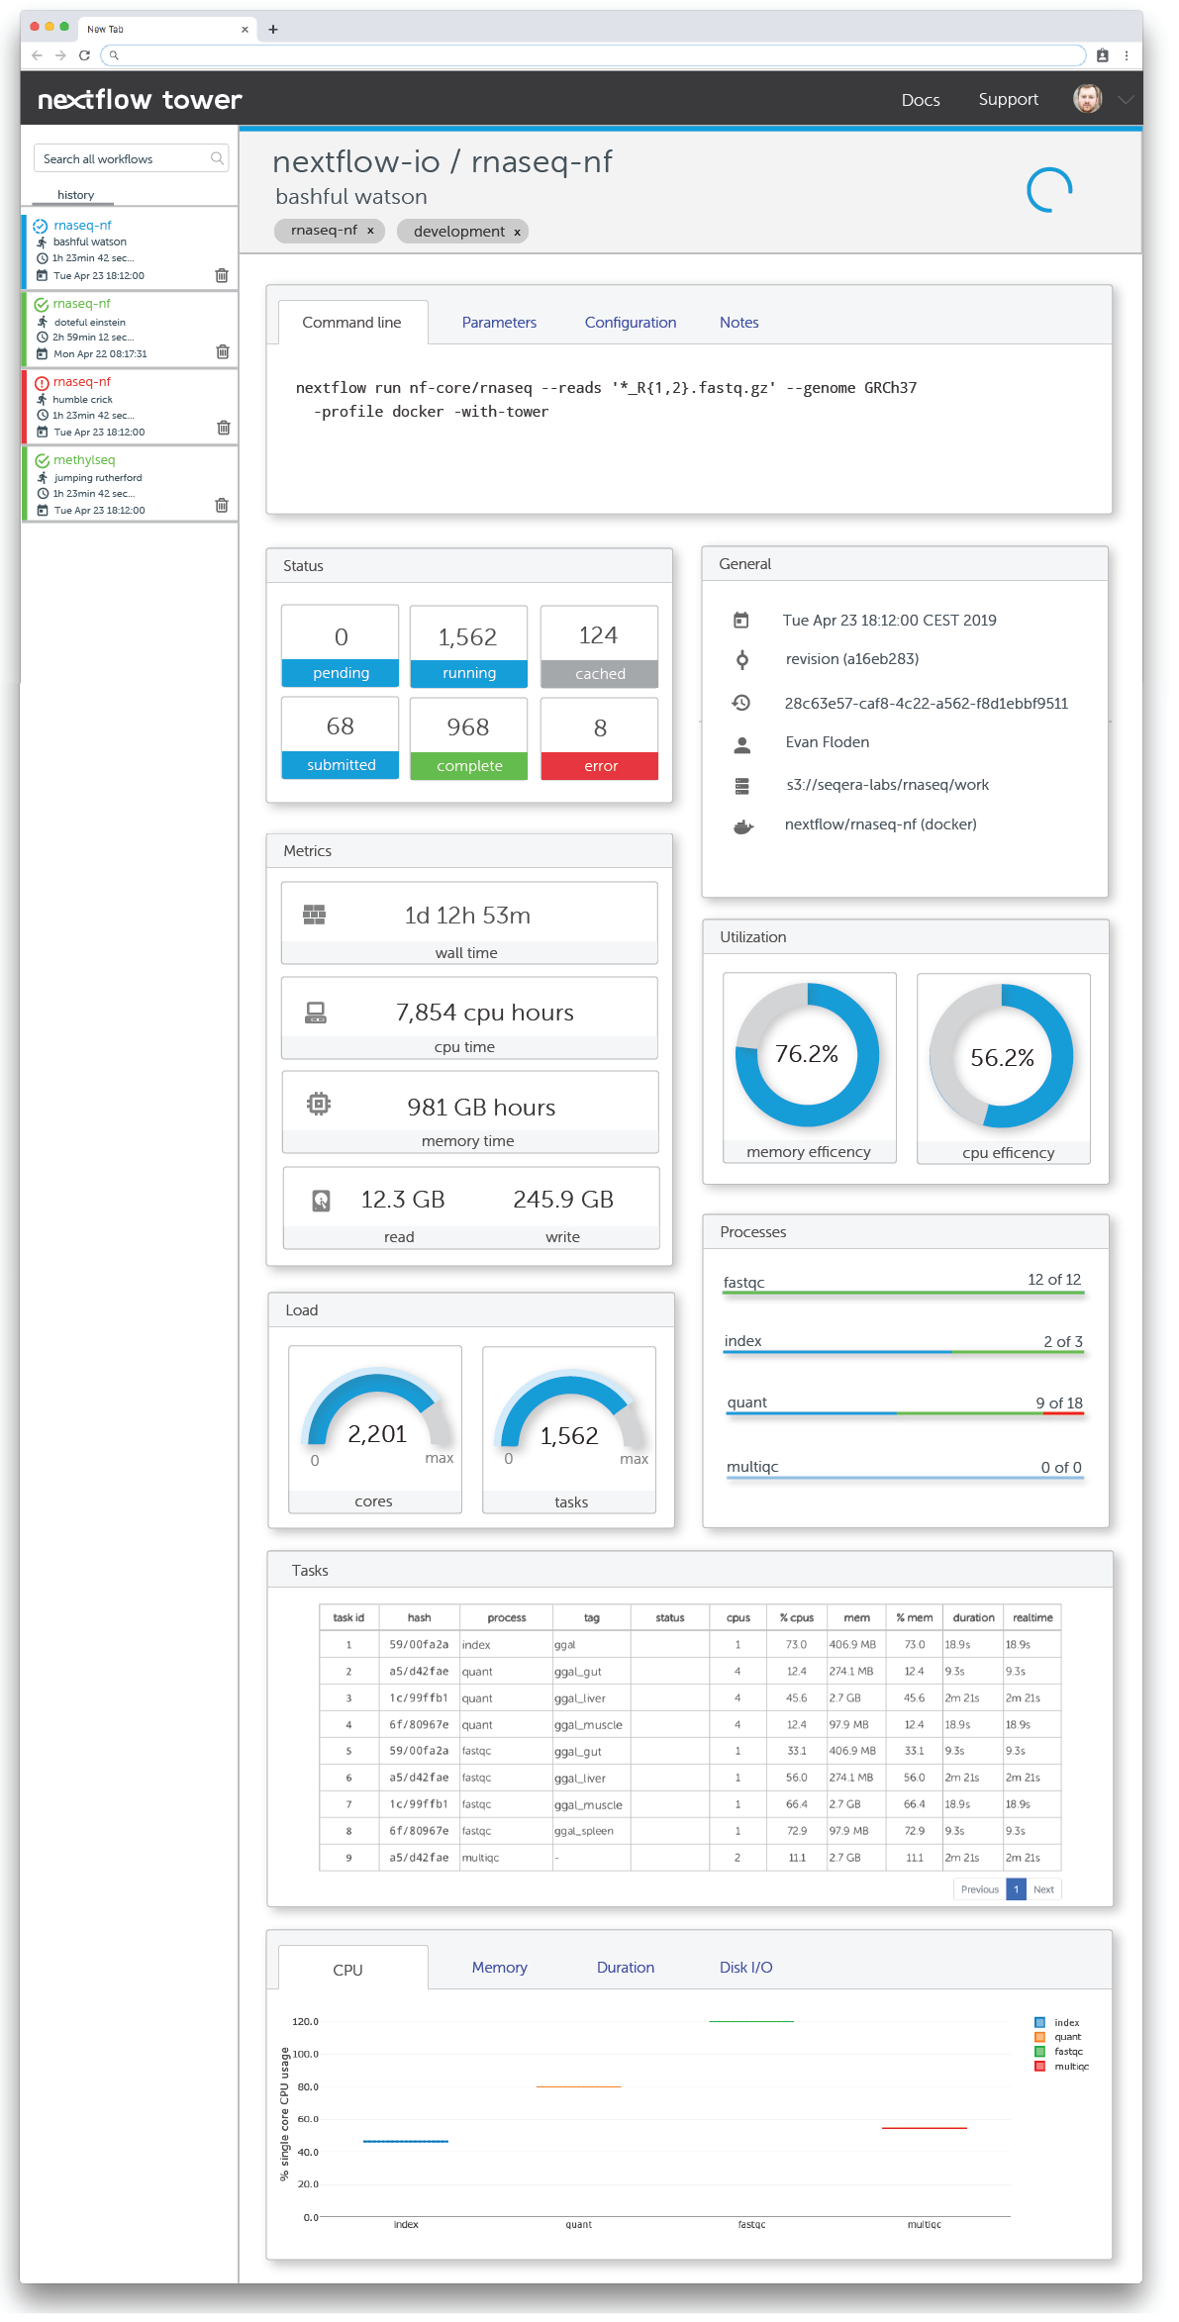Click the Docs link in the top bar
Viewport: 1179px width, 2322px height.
click(x=920, y=100)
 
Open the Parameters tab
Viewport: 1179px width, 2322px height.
click(x=499, y=323)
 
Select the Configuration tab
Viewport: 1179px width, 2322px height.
click(x=630, y=323)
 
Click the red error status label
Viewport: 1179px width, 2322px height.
click(x=600, y=766)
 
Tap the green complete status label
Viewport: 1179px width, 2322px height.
click(x=469, y=766)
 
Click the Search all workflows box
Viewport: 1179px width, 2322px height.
click(x=125, y=159)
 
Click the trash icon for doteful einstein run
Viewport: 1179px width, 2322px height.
click(x=223, y=352)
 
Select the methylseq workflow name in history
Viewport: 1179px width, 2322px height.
click(x=84, y=460)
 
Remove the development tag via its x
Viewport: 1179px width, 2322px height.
click(x=517, y=233)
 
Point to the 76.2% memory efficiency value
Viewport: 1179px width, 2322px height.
click(x=807, y=1055)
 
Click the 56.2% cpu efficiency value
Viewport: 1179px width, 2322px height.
click(x=1002, y=1058)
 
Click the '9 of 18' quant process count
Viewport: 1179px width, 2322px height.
click(x=1058, y=1403)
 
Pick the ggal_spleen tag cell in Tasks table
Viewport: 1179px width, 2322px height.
click(x=584, y=1831)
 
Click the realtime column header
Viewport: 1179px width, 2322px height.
click(x=1032, y=1618)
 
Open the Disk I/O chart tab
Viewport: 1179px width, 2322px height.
click(x=745, y=1968)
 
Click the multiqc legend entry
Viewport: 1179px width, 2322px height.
click(x=1070, y=2067)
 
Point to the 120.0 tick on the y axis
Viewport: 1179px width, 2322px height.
click(x=305, y=2022)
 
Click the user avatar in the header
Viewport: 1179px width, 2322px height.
click(x=1087, y=99)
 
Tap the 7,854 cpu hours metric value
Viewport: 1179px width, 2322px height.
click(x=484, y=1013)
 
